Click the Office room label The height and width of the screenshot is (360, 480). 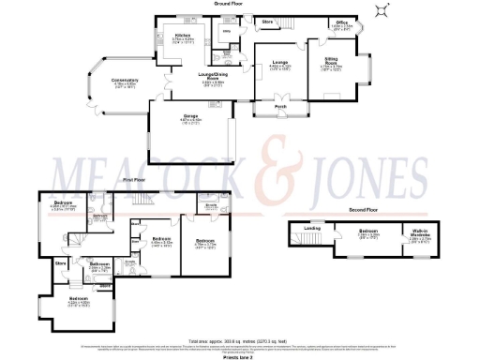point(343,22)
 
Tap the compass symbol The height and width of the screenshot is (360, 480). point(381,10)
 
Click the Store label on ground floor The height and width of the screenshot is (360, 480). point(266,21)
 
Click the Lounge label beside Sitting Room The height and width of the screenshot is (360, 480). point(279,62)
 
